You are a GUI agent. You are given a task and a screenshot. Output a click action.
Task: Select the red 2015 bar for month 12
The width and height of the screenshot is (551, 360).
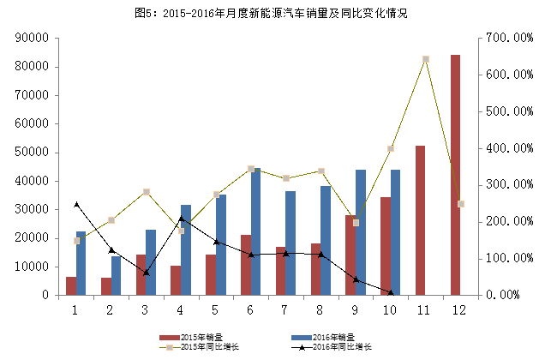point(455,175)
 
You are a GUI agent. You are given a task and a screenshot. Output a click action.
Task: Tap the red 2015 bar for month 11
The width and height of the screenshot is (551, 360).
point(420,220)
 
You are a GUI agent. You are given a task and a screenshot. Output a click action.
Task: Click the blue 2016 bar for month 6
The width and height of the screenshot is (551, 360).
point(255,231)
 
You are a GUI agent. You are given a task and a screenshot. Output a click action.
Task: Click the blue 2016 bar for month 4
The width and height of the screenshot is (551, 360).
point(186,249)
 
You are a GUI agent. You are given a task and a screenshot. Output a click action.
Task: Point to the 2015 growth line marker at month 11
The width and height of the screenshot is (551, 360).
point(425,60)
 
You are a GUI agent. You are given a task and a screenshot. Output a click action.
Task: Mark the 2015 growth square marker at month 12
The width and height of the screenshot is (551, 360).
point(460,204)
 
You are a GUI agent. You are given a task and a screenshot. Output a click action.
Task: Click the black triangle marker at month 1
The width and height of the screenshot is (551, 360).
point(76,204)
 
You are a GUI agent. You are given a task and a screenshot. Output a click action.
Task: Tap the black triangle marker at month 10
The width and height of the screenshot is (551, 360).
point(391,292)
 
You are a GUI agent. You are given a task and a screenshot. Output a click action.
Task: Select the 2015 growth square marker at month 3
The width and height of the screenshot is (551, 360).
point(147,192)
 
